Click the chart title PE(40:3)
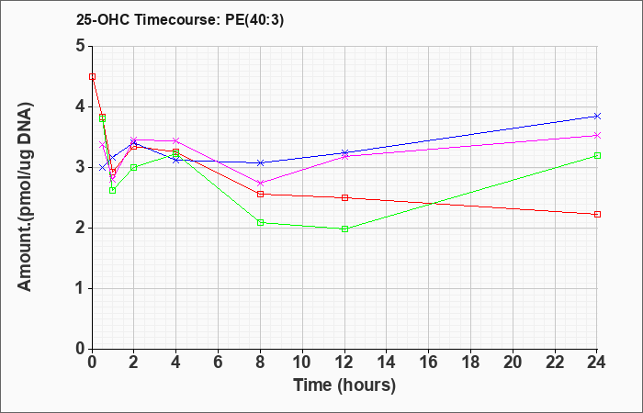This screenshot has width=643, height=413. click(x=254, y=20)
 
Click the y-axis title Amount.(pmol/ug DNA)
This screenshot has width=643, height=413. click(x=26, y=197)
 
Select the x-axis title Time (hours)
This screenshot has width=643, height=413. click(x=344, y=385)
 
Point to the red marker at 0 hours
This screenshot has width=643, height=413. click(x=92, y=76)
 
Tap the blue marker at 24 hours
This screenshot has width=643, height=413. click(x=597, y=117)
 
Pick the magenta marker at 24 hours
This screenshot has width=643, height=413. click(x=597, y=136)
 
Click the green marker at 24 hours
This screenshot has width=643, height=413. click(x=597, y=156)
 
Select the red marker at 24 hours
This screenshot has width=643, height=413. click(x=597, y=214)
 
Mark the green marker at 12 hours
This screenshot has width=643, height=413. click(x=344, y=229)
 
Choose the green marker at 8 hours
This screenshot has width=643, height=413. click(x=260, y=222)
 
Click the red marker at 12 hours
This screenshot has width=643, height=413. click(x=344, y=198)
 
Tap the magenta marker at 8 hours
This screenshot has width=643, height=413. click(x=260, y=184)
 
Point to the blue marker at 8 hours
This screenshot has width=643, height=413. click(x=260, y=163)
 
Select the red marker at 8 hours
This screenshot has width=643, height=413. click(x=260, y=195)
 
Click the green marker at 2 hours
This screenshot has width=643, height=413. click(x=134, y=168)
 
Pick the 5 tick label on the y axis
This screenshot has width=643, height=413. click(x=81, y=46)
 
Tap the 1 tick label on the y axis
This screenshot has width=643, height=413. click(x=81, y=289)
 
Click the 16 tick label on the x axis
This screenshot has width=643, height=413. click(x=429, y=363)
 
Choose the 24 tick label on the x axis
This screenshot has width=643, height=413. click(x=597, y=363)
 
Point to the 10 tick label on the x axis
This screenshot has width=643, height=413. click(x=302, y=363)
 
